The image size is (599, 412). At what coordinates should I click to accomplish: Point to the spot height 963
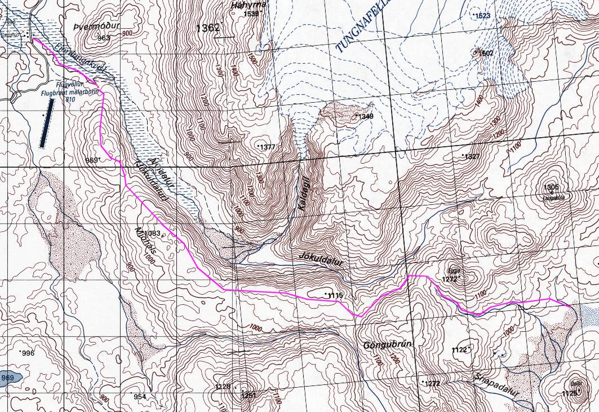tap(103, 38)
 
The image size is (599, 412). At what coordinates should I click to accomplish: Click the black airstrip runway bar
tap(46, 123)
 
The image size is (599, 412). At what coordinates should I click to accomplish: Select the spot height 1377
tap(267, 147)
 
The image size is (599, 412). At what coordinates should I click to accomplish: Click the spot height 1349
tap(366, 116)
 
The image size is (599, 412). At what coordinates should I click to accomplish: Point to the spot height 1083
tap(153, 233)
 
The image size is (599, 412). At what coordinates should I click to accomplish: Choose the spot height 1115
tap(335, 296)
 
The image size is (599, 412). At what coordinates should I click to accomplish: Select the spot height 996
tap(28, 353)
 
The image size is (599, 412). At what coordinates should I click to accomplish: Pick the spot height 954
tap(139, 397)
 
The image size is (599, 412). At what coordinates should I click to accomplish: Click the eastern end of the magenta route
tap(569, 305)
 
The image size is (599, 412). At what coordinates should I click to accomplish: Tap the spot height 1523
tap(483, 16)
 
